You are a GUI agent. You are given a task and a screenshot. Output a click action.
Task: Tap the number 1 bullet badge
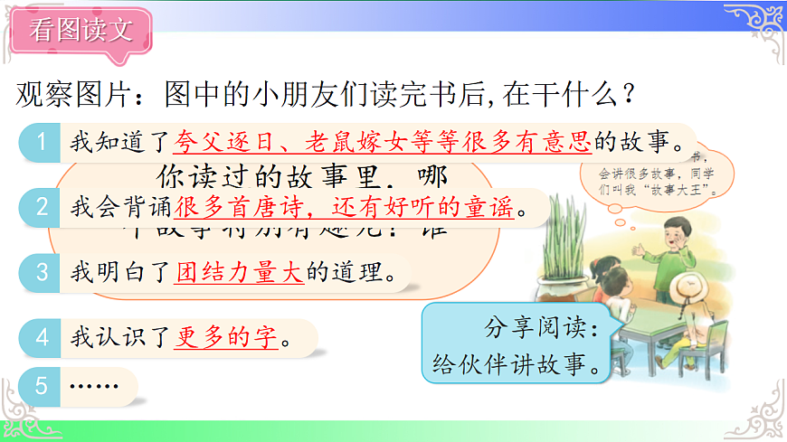(41, 141)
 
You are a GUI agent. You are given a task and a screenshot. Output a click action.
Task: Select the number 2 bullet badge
(41, 206)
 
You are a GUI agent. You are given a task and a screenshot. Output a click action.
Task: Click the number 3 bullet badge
(41, 271)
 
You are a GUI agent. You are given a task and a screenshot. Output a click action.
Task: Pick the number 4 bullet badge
(41, 338)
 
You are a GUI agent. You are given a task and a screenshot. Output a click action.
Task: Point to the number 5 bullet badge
(41, 386)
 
